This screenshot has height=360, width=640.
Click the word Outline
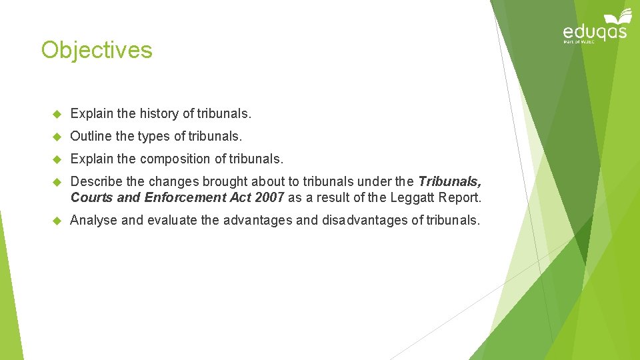[x=91, y=137]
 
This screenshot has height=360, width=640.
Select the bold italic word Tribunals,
[x=449, y=181]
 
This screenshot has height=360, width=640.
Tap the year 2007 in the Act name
[x=269, y=198]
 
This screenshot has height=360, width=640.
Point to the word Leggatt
[x=413, y=198]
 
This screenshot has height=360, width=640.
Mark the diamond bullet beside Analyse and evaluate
[x=57, y=221]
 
